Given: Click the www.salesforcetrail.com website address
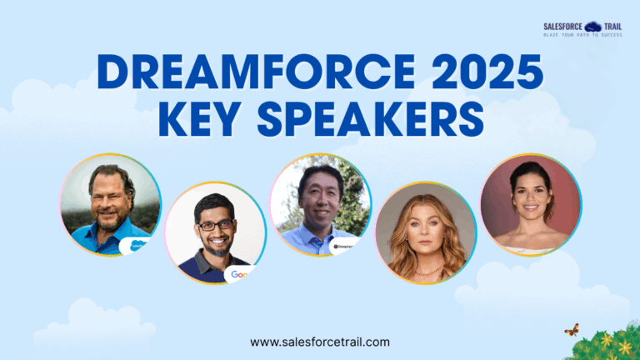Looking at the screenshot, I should point(320,342).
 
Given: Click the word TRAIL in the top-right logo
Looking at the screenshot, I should point(615,26).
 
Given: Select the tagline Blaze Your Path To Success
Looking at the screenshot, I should point(582,35).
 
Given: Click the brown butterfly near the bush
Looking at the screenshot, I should point(572,330).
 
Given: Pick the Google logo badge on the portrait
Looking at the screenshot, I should point(239,273).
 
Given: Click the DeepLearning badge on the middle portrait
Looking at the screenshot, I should point(345,247).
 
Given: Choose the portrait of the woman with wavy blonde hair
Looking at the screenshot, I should point(426,233).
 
